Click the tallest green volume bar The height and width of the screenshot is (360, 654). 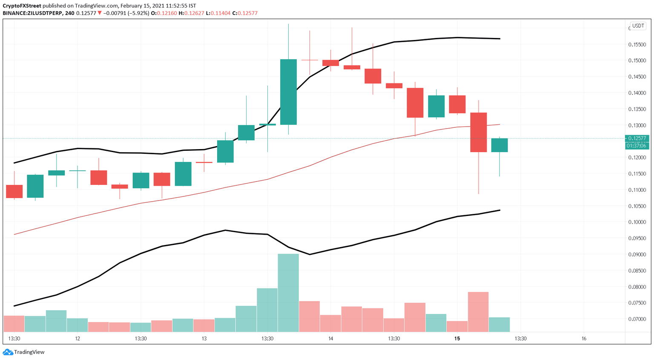tap(288, 293)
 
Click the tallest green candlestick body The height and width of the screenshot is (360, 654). tap(288, 92)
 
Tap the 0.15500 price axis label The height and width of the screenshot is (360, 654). tap(637, 44)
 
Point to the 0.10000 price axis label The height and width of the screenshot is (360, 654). tap(637, 222)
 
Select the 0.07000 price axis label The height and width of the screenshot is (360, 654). tap(637, 319)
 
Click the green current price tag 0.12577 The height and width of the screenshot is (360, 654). tap(637, 138)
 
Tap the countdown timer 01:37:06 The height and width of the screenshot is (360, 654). tap(637, 146)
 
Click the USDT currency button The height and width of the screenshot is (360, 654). tap(638, 26)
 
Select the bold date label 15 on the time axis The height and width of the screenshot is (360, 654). tap(457, 339)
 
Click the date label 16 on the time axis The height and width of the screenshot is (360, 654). tap(584, 339)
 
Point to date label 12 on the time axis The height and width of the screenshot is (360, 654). tap(77, 339)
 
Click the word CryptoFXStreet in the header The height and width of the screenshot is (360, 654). tap(22, 6)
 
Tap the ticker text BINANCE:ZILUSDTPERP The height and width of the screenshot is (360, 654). tap(32, 13)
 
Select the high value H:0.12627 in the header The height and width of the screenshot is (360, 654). tap(191, 13)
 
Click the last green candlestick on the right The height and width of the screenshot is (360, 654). tap(499, 145)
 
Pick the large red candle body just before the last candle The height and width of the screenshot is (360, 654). tap(478, 132)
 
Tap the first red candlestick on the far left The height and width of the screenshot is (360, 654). tap(14, 191)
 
